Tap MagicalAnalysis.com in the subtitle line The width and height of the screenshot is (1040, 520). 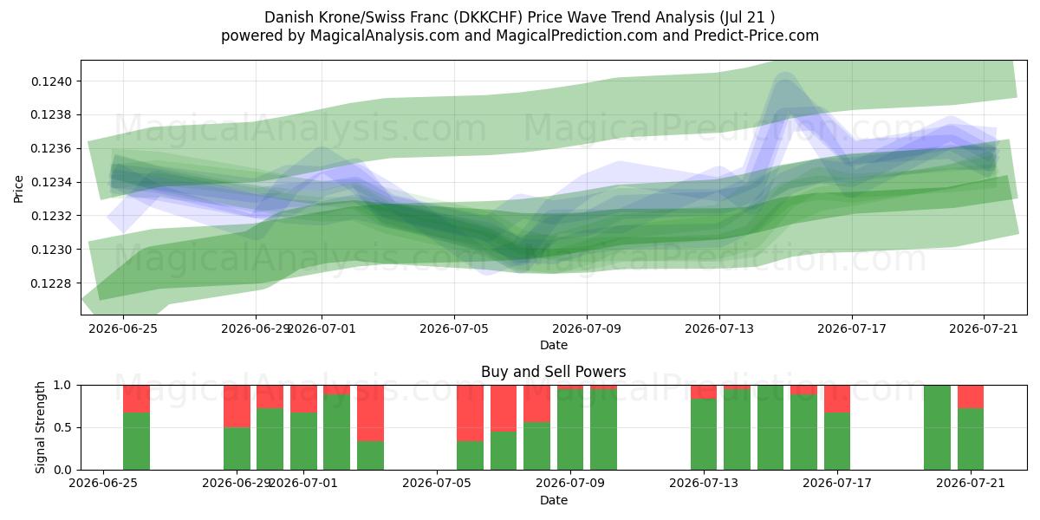tap(385, 36)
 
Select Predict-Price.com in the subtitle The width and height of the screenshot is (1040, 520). tap(757, 36)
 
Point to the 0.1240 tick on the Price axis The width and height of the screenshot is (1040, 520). tap(51, 81)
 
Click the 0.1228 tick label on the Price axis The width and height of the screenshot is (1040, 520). tap(51, 283)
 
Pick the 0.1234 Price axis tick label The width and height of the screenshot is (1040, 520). tap(51, 183)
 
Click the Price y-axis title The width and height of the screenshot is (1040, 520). tap(18, 189)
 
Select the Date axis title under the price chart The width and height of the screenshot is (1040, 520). tap(554, 345)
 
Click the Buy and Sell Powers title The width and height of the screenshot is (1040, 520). tap(554, 372)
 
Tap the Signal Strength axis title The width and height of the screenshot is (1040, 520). tap(40, 427)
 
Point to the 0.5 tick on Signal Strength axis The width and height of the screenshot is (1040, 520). tap(62, 427)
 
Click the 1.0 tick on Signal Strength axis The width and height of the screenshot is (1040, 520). tap(62, 385)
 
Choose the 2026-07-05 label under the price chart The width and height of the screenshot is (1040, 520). tap(454, 328)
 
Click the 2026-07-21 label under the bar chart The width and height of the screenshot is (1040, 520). tap(971, 484)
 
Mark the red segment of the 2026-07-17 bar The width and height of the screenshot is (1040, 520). tap(837, 399)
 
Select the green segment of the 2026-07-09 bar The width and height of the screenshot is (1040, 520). tap(570, 430)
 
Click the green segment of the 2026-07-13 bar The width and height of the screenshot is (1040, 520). tap(704, 434)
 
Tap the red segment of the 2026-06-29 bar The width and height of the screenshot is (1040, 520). tap(237, 406)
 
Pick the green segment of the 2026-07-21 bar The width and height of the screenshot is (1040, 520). tap(971, 439)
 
